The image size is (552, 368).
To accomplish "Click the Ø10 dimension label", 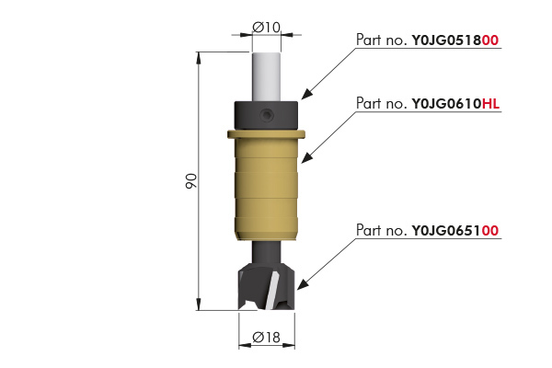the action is (x=267, y=27).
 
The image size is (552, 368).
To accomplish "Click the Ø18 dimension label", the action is (x=267, y=338).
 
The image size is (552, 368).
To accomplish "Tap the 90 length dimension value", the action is (x=191, y=180).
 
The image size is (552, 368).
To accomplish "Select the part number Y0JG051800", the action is (x=455, y=40).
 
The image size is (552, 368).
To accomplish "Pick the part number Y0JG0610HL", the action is (x=455, y=104).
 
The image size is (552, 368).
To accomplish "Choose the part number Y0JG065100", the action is (x=455, y=231).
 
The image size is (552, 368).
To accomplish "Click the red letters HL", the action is (x=490, y=104).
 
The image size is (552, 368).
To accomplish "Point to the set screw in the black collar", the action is (x=267, y=115).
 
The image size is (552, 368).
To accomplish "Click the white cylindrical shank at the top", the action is (x=267, y=77).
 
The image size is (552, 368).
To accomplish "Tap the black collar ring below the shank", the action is (x=266, y=116).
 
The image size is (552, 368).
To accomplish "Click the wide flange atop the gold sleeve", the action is (x=266, y=134).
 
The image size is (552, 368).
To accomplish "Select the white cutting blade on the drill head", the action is (x=271, y=293).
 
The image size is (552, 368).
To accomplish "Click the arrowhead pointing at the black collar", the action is (x=306, y=94).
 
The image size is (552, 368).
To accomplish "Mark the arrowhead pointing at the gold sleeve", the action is (x=306, y=157).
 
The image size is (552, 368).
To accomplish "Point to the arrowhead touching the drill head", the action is (x=303, y=284).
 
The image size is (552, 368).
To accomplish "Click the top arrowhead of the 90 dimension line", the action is (x=199, y=58).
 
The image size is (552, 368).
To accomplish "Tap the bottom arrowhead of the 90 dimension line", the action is (x=199, y=305).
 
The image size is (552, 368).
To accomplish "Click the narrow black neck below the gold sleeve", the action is (x=267, y=252).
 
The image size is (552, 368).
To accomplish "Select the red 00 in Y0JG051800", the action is (x=490, y=40).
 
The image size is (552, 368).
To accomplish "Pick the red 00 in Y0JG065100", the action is (x=490, y=231).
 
